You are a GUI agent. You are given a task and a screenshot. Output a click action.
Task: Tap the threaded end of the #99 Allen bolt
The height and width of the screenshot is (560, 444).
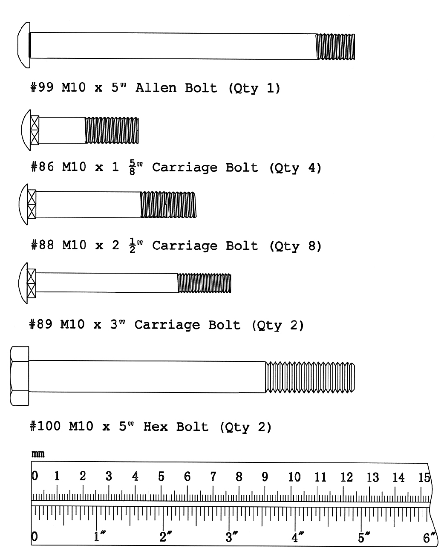[335, 46]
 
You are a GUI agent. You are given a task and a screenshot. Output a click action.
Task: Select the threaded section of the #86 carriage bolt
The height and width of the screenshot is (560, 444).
[112, 130]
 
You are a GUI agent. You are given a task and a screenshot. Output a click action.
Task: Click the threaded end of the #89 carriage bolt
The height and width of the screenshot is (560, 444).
[204, 283]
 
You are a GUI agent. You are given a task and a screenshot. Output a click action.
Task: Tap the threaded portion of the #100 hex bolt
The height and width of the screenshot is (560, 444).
[310, 377]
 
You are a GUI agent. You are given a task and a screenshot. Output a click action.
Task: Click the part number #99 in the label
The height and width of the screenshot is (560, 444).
[42, 88]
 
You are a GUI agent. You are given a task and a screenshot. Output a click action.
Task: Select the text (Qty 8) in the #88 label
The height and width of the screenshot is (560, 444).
[295, 246]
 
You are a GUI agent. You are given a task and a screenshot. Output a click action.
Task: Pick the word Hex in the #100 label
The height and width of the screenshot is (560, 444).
[156, 427]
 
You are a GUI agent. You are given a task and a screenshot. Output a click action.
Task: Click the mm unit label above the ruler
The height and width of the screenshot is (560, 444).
[38, 454]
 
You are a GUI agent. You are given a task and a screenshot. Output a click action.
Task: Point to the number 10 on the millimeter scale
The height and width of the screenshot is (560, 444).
[294, 477]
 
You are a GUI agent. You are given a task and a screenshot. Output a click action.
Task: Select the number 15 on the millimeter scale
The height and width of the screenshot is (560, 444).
[424, 477]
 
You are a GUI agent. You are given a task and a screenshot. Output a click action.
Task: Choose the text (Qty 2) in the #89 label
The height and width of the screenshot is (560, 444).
[278, 325]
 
